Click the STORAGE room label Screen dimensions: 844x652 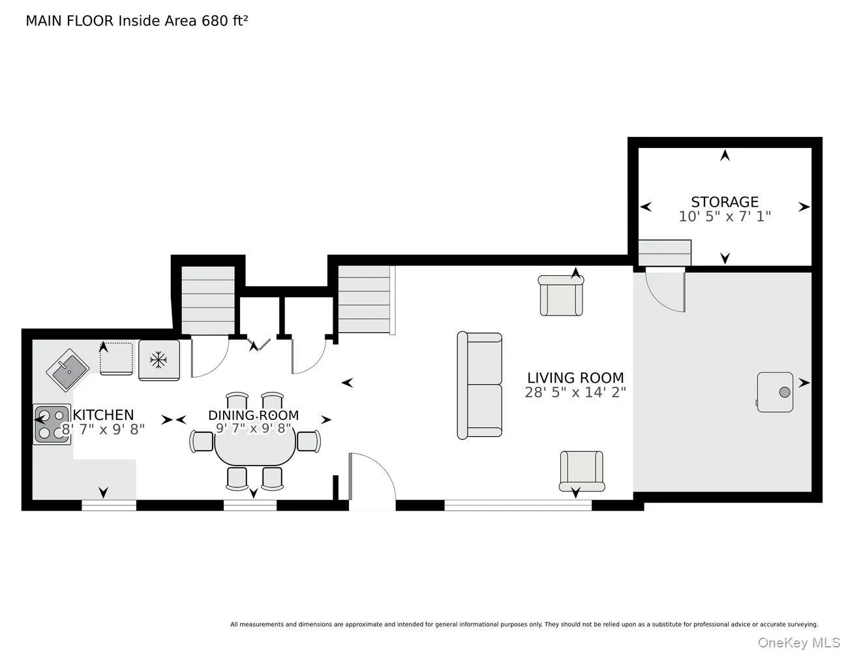(x=725, y=202)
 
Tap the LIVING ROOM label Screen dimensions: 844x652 (x=575, y=378)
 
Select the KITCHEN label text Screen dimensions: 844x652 (x=103, y=415)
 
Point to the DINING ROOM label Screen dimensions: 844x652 (x=254, y=415)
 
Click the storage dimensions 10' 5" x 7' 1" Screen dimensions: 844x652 (x=725, y=216)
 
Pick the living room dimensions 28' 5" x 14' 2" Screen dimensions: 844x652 (x=575, y=393)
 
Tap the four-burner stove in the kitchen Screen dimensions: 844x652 (x=52, y=424)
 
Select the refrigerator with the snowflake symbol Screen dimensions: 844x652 (x=159, y=360)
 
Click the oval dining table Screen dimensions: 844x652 (x=255, y=447)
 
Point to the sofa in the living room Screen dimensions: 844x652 (x=479, y=386)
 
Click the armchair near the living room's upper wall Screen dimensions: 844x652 (x=561, y=295)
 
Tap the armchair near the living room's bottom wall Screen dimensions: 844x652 (x=582, y=471)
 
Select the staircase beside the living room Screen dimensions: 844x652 (x=365, y=299)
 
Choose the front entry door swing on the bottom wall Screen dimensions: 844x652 (x=372, y=476)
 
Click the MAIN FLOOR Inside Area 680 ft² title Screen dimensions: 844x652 (x=137, y=21)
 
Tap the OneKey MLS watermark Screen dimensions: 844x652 (x=799, y=643)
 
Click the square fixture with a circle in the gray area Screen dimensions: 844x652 (x=775, y=393)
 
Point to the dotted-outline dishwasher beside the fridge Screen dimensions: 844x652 (x=116, y=359)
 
